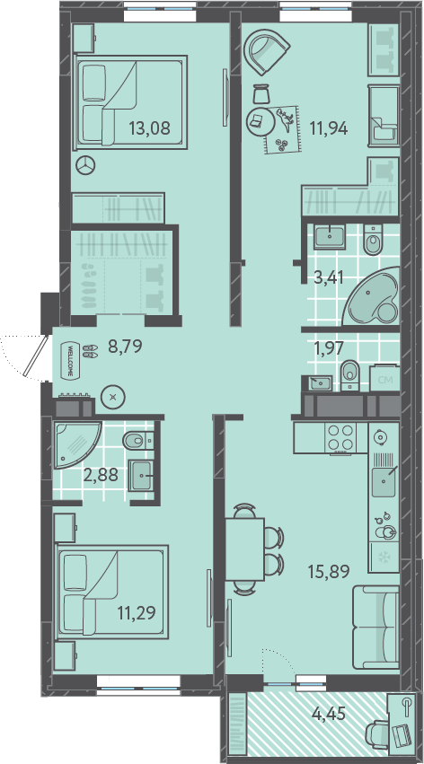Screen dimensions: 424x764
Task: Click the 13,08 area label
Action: [x=149, y=128]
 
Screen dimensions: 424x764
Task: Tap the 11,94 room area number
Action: [x=329, y=128]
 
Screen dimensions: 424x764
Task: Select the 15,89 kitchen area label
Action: [x=329, y=571]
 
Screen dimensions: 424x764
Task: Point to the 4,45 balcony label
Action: [x=329, y=714]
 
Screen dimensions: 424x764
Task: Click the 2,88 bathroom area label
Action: [x=101, y=474]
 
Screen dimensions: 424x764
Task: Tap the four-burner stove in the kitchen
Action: [x=341, y=437]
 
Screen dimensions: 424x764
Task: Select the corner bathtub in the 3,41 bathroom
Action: [x=371, y=296]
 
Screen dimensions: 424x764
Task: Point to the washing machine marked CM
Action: [x=385, y=378]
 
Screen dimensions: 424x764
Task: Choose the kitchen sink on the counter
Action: [x=384, y=480]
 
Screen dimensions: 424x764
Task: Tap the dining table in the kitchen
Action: [x=244, y=549]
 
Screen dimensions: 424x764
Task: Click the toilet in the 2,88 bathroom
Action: [x=138, y=441]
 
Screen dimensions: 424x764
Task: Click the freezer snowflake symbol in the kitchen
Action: [x=384, y=558]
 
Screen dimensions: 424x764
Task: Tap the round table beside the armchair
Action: [x=258, y=122]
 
